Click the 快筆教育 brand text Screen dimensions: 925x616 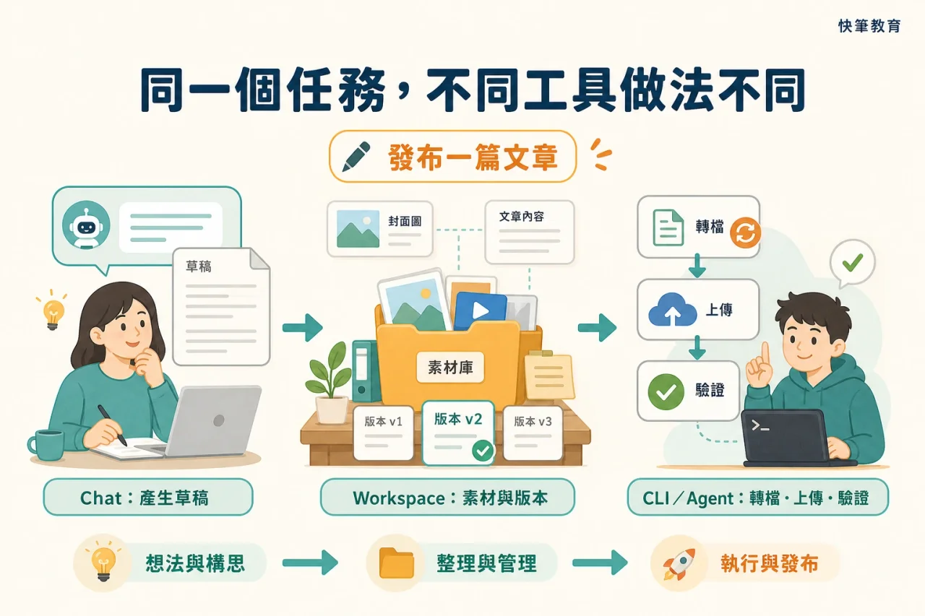click(x=869, y=26)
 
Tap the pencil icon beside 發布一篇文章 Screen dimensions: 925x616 click(x=356, y=157)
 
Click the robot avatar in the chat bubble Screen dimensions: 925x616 click(x=86, y=225)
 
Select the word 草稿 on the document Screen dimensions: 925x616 click(x=199, y=266)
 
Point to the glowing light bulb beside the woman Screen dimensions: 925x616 click(x=53, y=312)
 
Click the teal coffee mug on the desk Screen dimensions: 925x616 click(x=46, y=445)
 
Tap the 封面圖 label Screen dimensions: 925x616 click(x=405, y=222)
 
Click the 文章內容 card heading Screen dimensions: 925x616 click(x=522, y=217)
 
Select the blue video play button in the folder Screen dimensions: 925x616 click(x=481, y=311)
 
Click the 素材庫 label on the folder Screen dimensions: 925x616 click(x=450, y=367)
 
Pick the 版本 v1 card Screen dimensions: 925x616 click(x=383, y=433)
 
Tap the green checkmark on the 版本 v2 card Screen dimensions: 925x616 click(x=482, y=451)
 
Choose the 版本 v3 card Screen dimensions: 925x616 click(x=533, y=433)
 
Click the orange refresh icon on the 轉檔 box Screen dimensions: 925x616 click(x=745, y=233)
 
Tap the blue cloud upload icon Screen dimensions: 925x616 click(x=672, y=309)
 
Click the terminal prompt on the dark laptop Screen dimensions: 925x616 click(x=760, y=426)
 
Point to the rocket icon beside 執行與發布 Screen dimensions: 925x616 click(x=679, y=563)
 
